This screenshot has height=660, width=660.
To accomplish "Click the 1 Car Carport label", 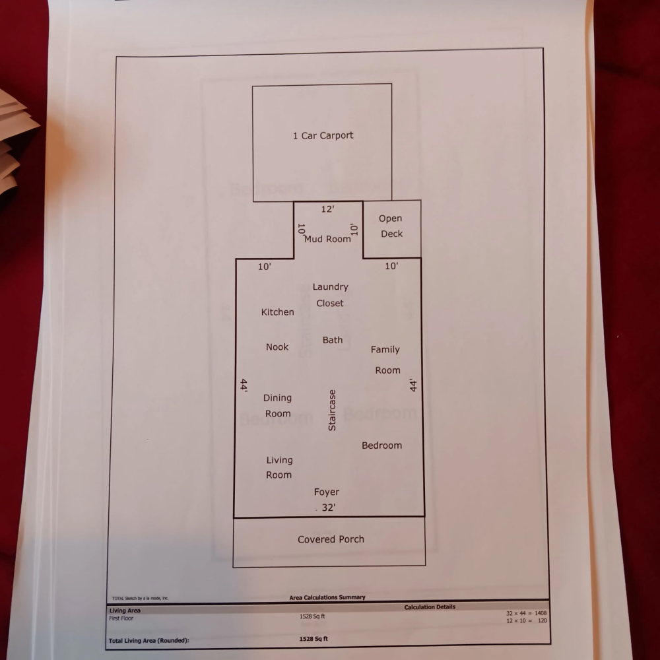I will click(323, 135).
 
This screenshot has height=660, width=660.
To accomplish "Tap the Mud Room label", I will click(327, 239).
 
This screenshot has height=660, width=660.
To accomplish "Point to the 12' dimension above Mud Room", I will click(327, 209).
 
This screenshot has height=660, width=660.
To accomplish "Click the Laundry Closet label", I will click(330, 295).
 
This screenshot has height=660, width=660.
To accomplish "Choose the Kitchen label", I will click(277, 312).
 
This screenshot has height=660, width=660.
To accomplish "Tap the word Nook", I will click(277, 347).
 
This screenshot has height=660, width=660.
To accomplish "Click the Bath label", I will click(333, 340).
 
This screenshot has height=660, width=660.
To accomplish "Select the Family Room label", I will click(386, 360).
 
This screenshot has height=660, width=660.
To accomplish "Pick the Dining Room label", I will click(277, 406).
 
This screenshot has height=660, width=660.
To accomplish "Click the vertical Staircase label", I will click(332, 410).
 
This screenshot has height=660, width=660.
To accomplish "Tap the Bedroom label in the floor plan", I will click(381, 445).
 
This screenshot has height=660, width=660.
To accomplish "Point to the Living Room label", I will click(279, 467).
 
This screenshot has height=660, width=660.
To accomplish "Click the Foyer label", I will click(327, 492).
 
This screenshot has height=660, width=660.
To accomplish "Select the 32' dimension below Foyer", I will click(328, 508).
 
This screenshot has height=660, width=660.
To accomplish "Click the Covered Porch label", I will click(331, 539).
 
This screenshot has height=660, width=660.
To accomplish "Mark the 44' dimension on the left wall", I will click(244, 386).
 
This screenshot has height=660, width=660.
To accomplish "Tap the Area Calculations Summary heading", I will click(327, 597).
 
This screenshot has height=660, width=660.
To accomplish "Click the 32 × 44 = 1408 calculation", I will click(526, 613).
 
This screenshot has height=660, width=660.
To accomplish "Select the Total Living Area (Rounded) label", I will click(148, 640).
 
